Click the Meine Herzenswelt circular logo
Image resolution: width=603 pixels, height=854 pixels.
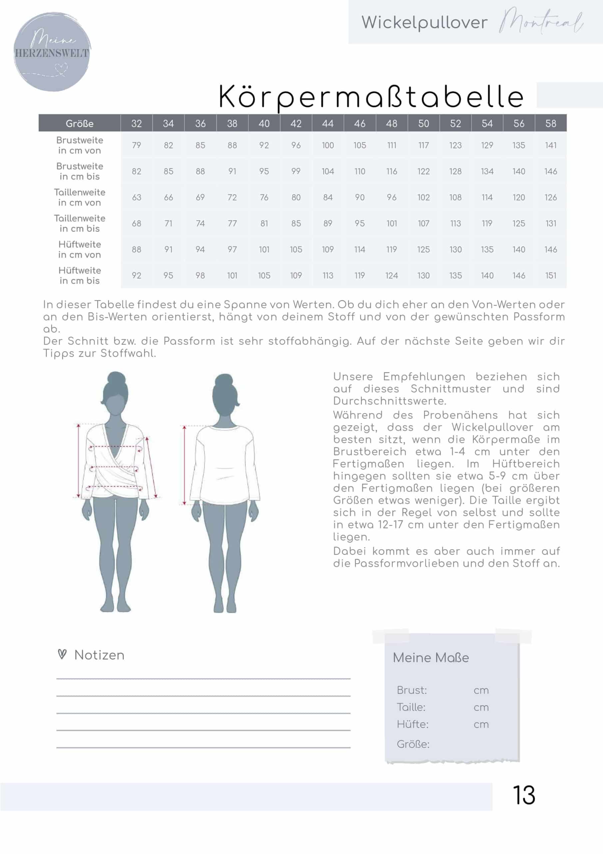[52, 52]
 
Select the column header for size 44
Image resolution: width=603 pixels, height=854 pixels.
[328, 123]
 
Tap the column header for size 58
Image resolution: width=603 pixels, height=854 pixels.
[551, 123]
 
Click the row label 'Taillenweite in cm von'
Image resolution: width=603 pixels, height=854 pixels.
[80, 197]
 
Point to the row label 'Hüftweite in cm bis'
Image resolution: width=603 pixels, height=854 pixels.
[80, 275]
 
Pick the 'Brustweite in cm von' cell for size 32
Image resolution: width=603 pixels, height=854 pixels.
[136, 145]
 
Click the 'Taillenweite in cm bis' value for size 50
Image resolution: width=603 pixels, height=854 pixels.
[423, 224]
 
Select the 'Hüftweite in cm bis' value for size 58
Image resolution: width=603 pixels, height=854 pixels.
[551, 276]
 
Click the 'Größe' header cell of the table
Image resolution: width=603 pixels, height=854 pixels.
[80, 123]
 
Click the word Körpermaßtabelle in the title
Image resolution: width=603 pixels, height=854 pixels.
[371, 97]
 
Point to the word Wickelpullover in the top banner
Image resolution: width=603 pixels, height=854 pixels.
[424, 23]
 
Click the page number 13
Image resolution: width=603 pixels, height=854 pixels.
[524, 795]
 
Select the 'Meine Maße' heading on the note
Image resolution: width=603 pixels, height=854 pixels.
[431, 658]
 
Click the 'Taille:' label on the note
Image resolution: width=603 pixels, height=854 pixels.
[411, 707]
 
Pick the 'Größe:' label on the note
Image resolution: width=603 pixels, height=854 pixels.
[413, 744]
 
